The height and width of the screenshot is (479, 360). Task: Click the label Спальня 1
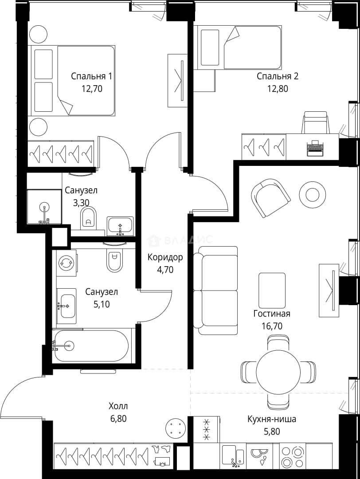pyautogui.click(x=91, y=76)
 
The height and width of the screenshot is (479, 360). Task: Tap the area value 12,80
pyautogui.click(x=278, y=89)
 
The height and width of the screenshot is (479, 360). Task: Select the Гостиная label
pyautogui.click(x=272, y=314)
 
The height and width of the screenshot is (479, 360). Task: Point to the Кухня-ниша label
pyautogui.click(x=272, y=419)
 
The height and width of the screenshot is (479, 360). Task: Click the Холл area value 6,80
pyautogui.click(x=118, y=419)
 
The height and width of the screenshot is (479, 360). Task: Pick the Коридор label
pyautogui.click(x=165, y=257)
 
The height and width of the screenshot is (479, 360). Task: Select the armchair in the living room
pyautogui.click(x=270, y=198)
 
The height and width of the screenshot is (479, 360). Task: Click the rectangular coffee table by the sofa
pyautogui.click(x=272, y=291)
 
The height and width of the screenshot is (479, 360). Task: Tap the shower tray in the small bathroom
pyautogui.click(x=44, y=207)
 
